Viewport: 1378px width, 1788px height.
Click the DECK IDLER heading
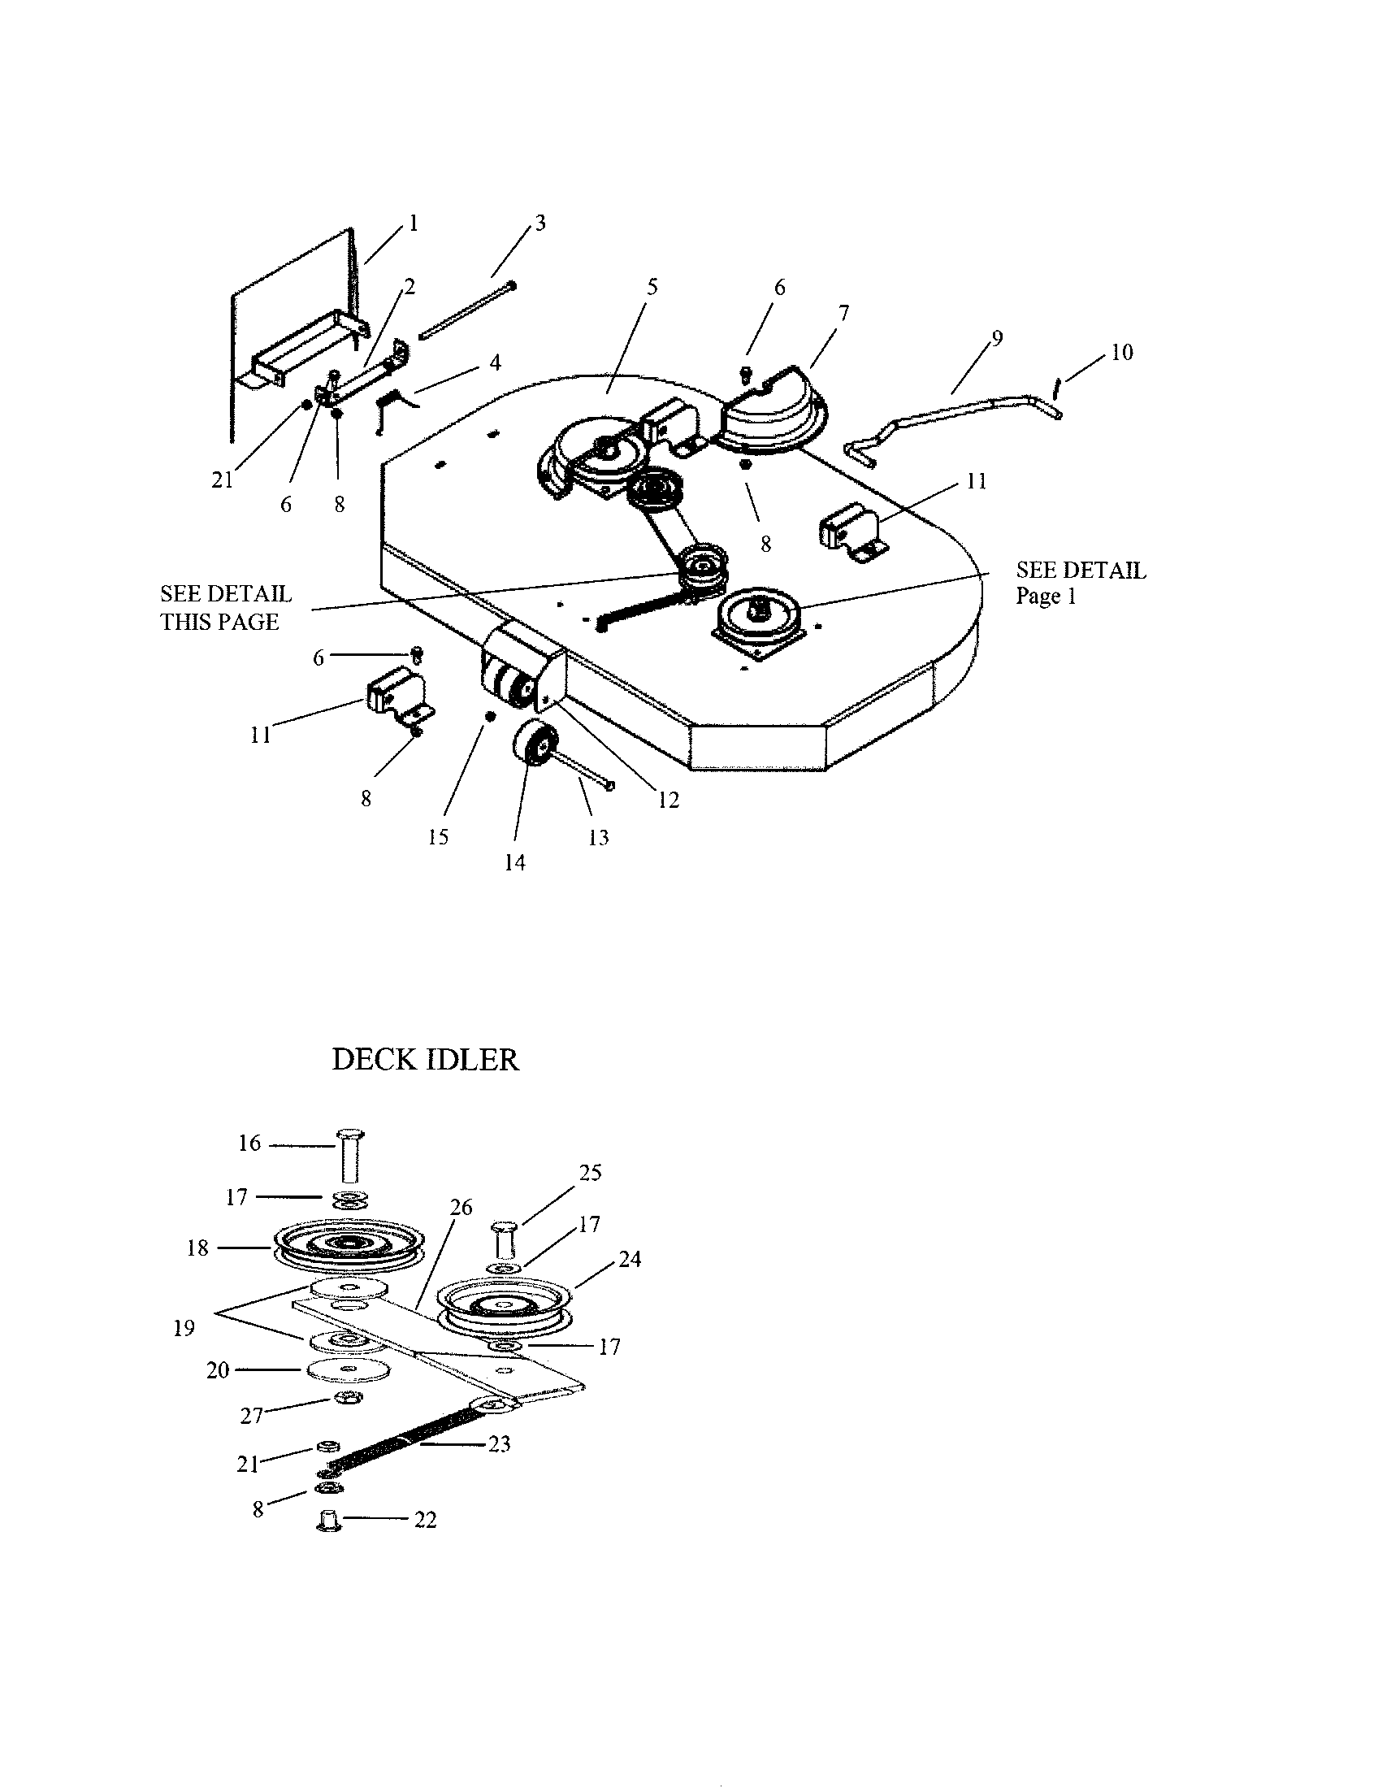[x=425, y=1059]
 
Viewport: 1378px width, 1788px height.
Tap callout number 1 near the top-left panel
[x=414, y=223]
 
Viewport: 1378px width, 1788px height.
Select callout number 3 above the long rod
[x=540, y=223]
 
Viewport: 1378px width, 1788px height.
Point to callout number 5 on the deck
[x=652, y=287]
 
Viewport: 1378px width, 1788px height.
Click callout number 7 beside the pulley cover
[x=843, y=313]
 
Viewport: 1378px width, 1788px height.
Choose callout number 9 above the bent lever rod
[x=997, y=338]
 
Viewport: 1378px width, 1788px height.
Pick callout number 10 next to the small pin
[x=1122, y=352]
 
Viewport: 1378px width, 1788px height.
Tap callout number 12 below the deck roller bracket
[x=669, y=800]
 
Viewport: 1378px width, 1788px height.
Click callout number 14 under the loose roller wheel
[x=514, y=862]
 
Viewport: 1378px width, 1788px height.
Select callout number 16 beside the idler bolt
[x=249, y=1143]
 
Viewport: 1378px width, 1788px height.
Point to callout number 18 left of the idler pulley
[x=198, y=1248]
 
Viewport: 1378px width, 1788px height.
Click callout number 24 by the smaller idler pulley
[x=629, y=1259]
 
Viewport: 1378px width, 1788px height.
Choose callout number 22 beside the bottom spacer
[x=426, y=1520]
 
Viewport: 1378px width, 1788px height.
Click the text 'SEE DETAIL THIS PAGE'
[x=226, y=607]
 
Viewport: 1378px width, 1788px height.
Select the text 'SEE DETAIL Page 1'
[x=1081, y=583]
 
